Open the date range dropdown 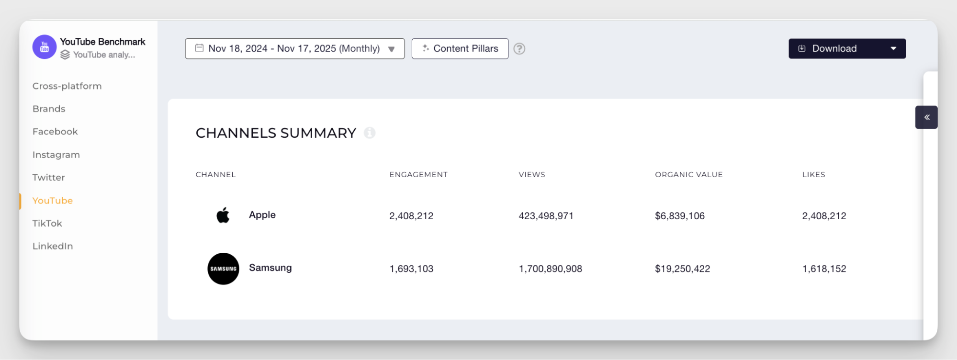click(294, 48)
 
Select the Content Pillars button click(460, 48)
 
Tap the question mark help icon click(519, 48)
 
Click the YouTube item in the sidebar click(53, 201)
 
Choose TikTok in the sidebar click(47, 223)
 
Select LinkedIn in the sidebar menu click(53, 246)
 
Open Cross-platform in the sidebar click(67, 86)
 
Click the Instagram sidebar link click(56, 155)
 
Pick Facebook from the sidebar click(55, 132)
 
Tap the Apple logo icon click(223, 215)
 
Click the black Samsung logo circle click(223, 269)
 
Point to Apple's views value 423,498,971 click(546, 216)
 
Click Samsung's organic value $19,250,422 click(682, 269)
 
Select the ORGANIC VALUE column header click(688, 175)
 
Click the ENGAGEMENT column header click(418, 175)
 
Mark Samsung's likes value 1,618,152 click(824, 269)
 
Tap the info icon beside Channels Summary click(369, 133)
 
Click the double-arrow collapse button click(926, 117)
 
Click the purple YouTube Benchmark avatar click(45, 47)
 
